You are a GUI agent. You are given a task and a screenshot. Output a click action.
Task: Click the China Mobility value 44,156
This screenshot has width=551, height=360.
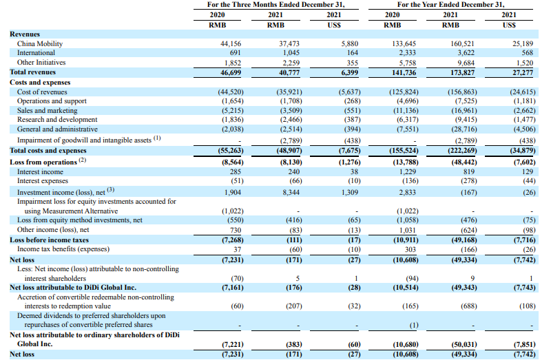pos(231,44)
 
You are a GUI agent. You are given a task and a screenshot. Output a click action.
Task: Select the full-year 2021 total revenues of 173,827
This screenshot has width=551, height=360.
pos(462,73)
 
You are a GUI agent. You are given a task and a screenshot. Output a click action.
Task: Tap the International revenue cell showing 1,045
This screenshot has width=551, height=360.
pos(291,53)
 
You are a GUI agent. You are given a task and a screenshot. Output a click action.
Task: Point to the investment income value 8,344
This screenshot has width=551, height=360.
pos(291,193)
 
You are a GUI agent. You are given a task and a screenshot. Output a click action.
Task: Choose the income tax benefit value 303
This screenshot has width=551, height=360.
pos(410,249)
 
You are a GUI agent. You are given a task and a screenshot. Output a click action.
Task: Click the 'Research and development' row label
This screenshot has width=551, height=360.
pos(57,120)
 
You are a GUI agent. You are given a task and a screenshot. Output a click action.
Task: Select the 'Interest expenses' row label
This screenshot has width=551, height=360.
pos(43,181)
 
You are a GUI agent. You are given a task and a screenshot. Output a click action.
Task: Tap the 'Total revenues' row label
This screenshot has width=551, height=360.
pos(32,72)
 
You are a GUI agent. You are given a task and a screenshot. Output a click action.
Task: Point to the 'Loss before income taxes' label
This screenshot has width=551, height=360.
pos(49,240)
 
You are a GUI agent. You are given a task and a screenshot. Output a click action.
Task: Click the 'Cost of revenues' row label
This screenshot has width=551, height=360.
pos(42,92)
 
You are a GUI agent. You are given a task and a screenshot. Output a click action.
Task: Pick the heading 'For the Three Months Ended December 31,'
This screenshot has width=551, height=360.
pos(276,5)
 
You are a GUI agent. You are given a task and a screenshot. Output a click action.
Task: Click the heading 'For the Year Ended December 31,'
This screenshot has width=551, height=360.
pos(451,5)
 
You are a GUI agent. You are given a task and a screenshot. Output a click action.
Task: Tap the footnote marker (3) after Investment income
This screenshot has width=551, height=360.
pos(111,190)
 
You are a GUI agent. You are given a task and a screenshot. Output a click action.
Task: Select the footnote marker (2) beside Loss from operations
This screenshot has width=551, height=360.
pos(82,160)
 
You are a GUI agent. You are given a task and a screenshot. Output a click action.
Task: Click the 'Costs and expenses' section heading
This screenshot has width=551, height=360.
pos(40,83)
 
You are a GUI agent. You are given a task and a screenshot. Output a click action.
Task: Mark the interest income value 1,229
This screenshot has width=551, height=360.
pos(407,172)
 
